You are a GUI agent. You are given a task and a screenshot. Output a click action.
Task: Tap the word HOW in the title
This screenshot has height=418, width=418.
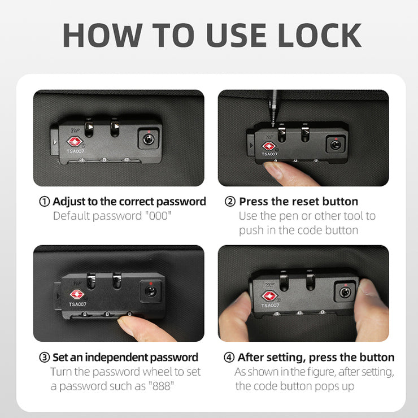103,35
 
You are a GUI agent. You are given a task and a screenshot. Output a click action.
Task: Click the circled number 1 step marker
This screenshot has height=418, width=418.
44,202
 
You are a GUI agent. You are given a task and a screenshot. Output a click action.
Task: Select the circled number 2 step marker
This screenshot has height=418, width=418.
230,202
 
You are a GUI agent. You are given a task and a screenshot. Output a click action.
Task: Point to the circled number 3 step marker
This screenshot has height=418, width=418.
44,357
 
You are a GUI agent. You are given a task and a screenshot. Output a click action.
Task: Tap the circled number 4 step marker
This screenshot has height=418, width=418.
229,357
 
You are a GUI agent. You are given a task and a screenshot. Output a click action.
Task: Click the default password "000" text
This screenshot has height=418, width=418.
158,216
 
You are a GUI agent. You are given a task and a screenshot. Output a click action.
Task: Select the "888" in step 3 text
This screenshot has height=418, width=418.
162,386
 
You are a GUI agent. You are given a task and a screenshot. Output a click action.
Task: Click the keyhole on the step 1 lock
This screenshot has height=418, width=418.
149,138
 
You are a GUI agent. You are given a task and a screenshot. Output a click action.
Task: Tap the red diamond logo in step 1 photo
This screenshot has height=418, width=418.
75,142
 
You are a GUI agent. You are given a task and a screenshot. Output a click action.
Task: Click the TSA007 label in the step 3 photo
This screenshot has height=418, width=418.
77,304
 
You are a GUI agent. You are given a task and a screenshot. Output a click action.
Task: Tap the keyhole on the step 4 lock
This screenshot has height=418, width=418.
345,293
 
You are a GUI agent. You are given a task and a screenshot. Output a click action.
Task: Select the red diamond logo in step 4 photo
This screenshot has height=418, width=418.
269,296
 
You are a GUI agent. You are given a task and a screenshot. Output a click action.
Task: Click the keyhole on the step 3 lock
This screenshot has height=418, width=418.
150,291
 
